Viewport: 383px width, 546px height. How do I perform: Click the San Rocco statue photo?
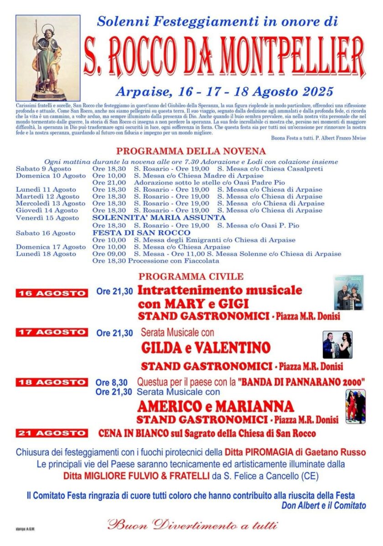(x=48, y=58)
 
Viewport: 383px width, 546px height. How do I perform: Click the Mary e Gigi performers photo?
(x=348, y=293)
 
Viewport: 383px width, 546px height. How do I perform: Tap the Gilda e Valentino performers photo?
(x=337, y=345)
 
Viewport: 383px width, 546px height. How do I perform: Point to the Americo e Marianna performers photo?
(x=355, y=406)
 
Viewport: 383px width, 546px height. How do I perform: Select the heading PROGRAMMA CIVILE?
(x=191, y=277)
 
